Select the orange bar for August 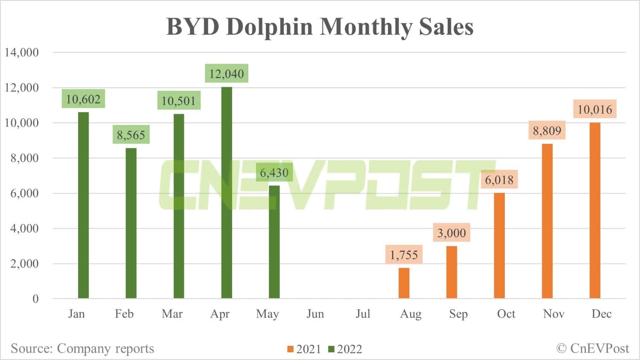(x=404, y=283)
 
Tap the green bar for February (x=131, y=223)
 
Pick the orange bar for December (x=595, y=211)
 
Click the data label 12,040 (x=227, y=74)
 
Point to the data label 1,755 (x=404, y=255)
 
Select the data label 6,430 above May (x=274, y=172)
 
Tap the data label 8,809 (x=547, y=130)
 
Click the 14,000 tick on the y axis (x=21, y=52)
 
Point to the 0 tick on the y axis (x=35, y=299)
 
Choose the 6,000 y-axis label (x=24, y=193)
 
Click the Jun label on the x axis (x=315, y=314)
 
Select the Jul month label (x=363, y=314)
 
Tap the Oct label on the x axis (x=506, y=314)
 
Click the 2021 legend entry (x=304, y=349)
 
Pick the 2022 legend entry (x=345, y=349)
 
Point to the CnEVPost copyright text (x=593, y=348)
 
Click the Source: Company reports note (x=82, y=348)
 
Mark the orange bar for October (x=499, y=246)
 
